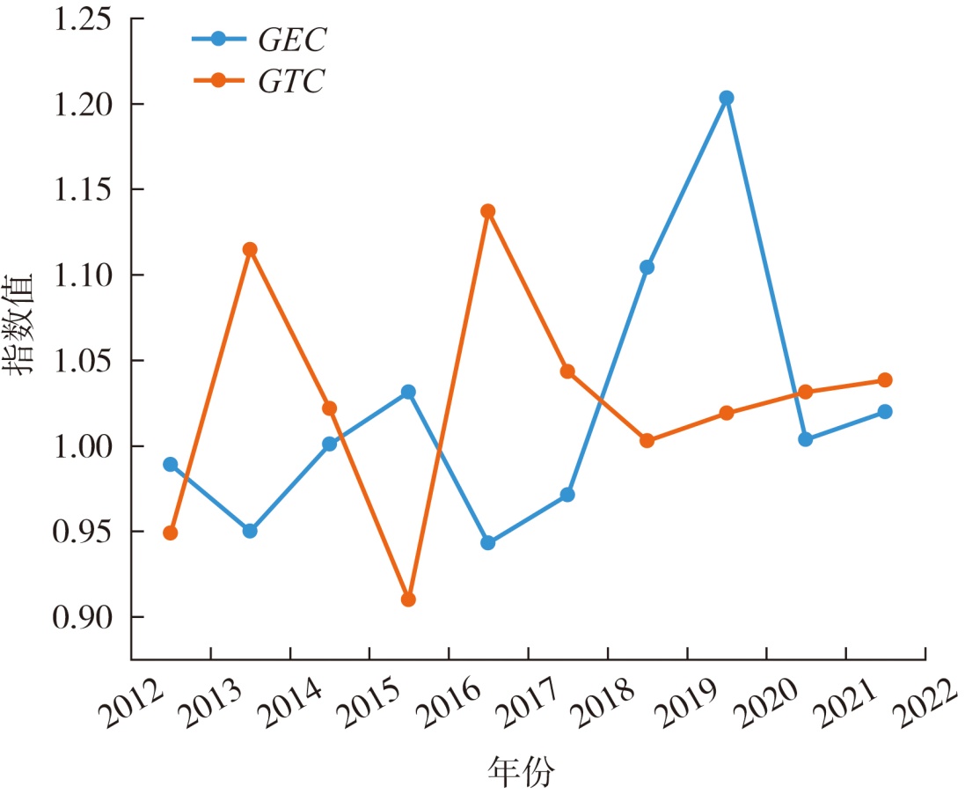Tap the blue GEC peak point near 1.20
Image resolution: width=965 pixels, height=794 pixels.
coord(726,98)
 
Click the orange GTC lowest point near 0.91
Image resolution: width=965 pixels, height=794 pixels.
coord(408,599)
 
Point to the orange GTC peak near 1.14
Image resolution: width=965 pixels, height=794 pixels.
coord(488,211)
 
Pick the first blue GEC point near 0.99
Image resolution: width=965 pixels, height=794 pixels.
coord(171,464)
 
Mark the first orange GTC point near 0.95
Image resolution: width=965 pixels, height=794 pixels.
coord(171,533)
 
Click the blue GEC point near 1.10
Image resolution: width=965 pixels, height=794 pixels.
coord(647,268)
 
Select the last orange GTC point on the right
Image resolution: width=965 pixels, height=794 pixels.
coord(885,380)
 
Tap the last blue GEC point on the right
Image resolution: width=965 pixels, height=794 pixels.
coord(885,411)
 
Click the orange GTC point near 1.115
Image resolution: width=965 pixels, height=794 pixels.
coord(250,249)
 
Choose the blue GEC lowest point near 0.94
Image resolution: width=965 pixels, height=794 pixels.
coord(488,543)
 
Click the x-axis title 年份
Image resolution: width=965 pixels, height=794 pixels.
coord(523,772)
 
